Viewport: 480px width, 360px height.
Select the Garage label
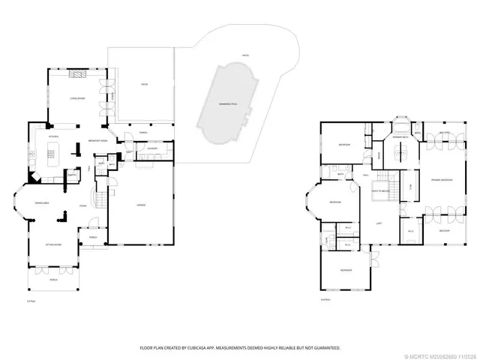(140, 205)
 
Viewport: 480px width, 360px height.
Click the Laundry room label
(151, 148)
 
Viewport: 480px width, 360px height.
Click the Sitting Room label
(52, 245)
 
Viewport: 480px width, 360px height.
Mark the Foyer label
(85, 205)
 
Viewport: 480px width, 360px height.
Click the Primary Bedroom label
(441, 181)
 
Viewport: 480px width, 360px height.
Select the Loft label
(380, 223)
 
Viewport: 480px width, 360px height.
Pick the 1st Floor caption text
(31, 300)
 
